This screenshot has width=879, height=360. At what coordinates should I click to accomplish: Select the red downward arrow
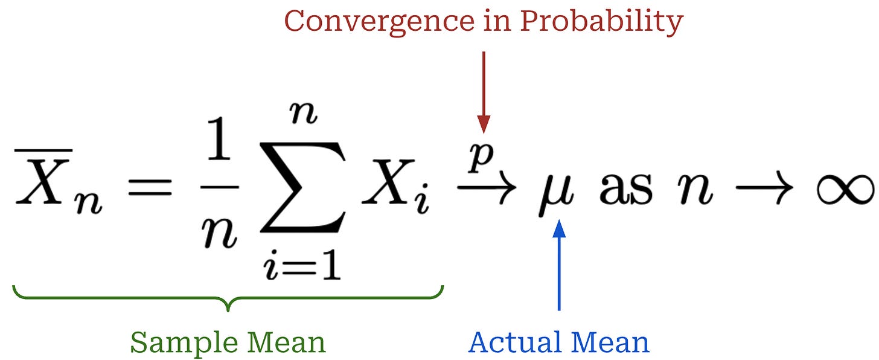pos(483,91)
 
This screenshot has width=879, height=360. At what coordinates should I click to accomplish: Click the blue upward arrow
pos(560,266)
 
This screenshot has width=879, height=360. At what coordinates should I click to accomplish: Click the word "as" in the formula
pos(626,190)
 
